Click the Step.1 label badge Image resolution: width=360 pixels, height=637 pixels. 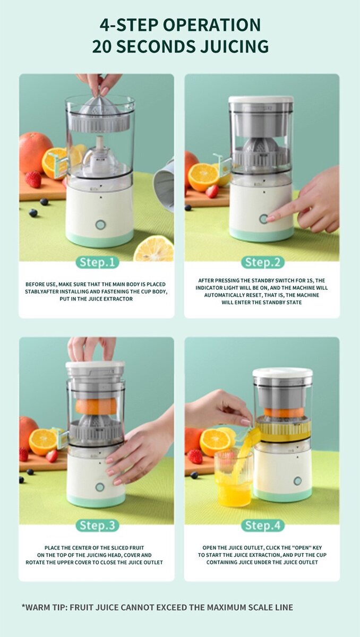coord(97,262)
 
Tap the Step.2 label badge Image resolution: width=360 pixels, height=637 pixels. coord(262,262)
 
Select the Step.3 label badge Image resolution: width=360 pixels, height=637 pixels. coord(97,526)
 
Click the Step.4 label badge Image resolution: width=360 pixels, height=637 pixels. coord(262,526)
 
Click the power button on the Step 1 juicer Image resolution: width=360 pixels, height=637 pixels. coord(99,225)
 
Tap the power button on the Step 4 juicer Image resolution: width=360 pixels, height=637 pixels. coord(297,481)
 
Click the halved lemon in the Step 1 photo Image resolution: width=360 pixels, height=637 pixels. coord(153,249)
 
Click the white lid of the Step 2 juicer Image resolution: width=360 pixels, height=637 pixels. coord(261,99)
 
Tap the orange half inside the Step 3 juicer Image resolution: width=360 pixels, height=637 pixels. coord(96,406)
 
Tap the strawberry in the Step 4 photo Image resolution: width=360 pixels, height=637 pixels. coord(195,456)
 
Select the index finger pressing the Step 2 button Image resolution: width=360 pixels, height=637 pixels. coord(276,216)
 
